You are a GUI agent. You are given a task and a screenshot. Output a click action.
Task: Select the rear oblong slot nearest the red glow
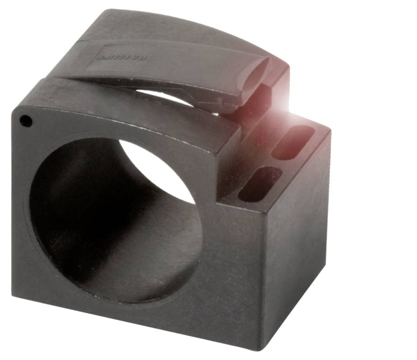coord(294,142)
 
